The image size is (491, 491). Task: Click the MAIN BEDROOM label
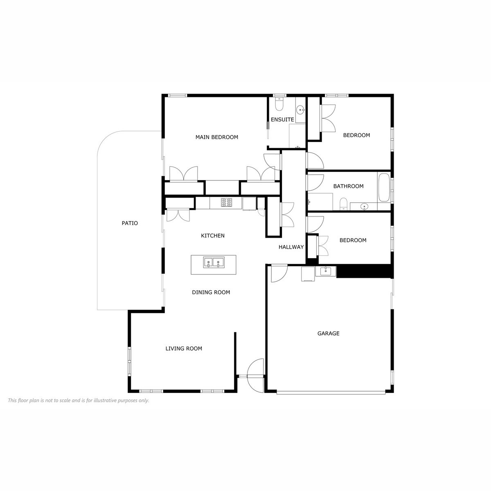[216, 137]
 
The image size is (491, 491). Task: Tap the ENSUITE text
[282, 119]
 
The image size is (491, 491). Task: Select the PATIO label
[130, 223]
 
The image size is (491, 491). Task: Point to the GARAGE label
[328, 333]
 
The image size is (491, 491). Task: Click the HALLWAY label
[291, 247]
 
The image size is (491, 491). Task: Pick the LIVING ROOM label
[184, 349]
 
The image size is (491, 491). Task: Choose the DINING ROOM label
[211, 292]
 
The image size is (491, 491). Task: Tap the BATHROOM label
[348, 186]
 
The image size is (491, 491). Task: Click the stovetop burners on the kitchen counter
[226, 203]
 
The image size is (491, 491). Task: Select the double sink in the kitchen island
[214, 262]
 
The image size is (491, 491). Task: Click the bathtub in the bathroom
[384, 187]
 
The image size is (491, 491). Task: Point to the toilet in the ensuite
[279, 104]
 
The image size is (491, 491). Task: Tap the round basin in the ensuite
[301, 110]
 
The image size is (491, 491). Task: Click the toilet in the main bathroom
[343, 204]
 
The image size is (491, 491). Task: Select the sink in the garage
[326, 271]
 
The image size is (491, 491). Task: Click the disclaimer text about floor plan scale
[79, 400]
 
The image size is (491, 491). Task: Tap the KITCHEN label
[213, 236]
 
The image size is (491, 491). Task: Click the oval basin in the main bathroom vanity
[365, 206]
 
